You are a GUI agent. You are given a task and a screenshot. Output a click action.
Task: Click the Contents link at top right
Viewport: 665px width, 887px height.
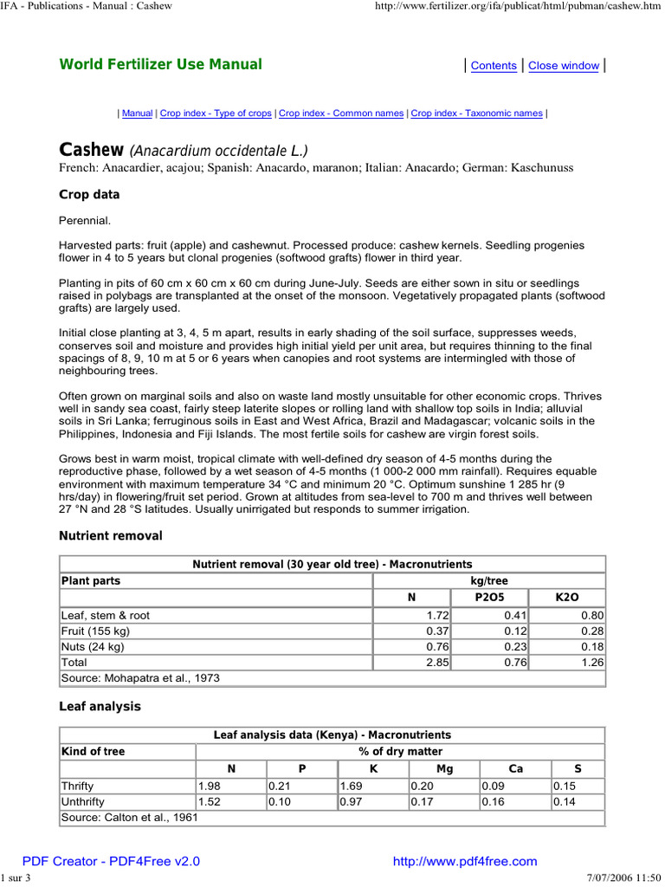point(494,66)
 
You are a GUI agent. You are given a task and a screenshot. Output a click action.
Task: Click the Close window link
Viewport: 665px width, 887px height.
point(564,66)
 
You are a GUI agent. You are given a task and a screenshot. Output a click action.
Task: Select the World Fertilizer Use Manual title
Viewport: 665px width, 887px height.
point(160,64)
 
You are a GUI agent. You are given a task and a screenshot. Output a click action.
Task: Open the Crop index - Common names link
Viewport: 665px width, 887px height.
point(341,113)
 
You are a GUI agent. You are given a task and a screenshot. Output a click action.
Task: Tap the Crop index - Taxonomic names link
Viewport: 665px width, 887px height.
point(476,113)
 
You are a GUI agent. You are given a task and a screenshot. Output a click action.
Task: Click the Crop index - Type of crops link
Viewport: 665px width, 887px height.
point(216,113)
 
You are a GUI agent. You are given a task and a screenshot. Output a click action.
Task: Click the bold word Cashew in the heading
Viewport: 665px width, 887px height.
point(91,150)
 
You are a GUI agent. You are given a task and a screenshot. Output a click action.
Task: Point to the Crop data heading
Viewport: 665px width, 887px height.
point(89,195)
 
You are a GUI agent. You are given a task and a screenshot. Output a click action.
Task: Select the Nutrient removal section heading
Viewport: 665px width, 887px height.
point(110,536)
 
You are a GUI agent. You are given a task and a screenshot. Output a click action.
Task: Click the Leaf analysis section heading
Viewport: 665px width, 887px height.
point(100,707)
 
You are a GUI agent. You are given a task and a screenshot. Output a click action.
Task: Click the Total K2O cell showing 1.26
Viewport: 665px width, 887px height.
point(591,662)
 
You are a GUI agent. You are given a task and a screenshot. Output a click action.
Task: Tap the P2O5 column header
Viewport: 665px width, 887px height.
point(489,598)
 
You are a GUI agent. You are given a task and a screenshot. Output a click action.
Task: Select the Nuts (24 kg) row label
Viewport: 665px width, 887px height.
point(93,646)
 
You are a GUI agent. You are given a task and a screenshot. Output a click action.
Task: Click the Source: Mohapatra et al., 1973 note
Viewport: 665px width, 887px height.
point(139,677)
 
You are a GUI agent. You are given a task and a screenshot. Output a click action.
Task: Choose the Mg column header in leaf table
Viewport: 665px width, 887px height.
point(443,768)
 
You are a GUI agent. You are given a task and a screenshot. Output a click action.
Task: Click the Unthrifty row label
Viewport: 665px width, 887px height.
point(82,802)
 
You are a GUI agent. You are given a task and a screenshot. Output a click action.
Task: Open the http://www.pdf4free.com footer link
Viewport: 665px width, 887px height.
point(465,861)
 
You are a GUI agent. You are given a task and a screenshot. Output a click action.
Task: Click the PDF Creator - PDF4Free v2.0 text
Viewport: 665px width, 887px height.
point(111,861)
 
